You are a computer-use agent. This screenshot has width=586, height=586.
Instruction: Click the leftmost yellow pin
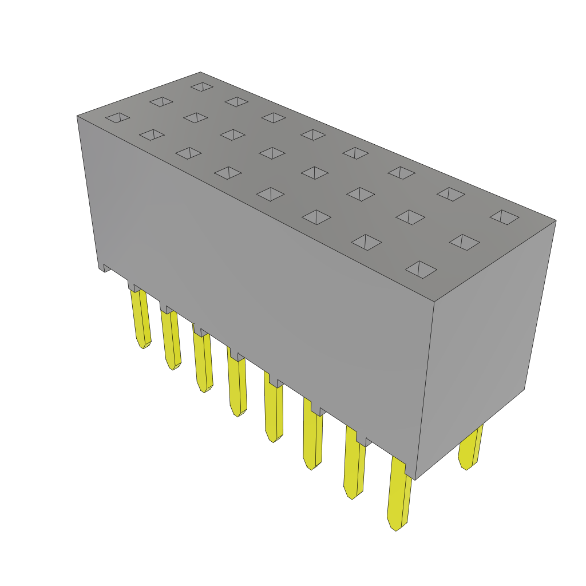pos(141,318)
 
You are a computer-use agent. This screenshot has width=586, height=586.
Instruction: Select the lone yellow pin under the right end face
pos(470,446)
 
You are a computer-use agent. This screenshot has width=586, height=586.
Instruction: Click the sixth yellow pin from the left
pos(312,435)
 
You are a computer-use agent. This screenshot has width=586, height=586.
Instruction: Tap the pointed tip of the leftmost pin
pos(142,345)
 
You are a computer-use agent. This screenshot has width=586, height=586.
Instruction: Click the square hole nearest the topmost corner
pos(202,86)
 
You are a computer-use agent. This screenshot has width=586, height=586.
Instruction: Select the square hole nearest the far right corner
pos(504,217)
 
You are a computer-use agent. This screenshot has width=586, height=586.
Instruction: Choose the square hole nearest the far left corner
pos(117,117)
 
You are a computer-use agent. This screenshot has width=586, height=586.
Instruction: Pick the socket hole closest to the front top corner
pos(421,269)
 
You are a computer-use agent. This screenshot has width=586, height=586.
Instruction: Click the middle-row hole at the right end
pos(464,241)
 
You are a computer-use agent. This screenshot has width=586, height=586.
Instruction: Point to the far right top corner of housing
pos(555,221)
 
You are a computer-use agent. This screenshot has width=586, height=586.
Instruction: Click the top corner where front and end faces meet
pos(434,302)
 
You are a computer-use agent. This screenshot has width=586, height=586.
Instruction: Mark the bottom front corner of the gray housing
pos(415,479)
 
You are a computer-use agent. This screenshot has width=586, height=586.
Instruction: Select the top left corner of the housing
pos(78,116)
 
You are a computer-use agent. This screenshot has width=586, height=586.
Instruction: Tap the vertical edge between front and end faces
pos(425,389)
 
